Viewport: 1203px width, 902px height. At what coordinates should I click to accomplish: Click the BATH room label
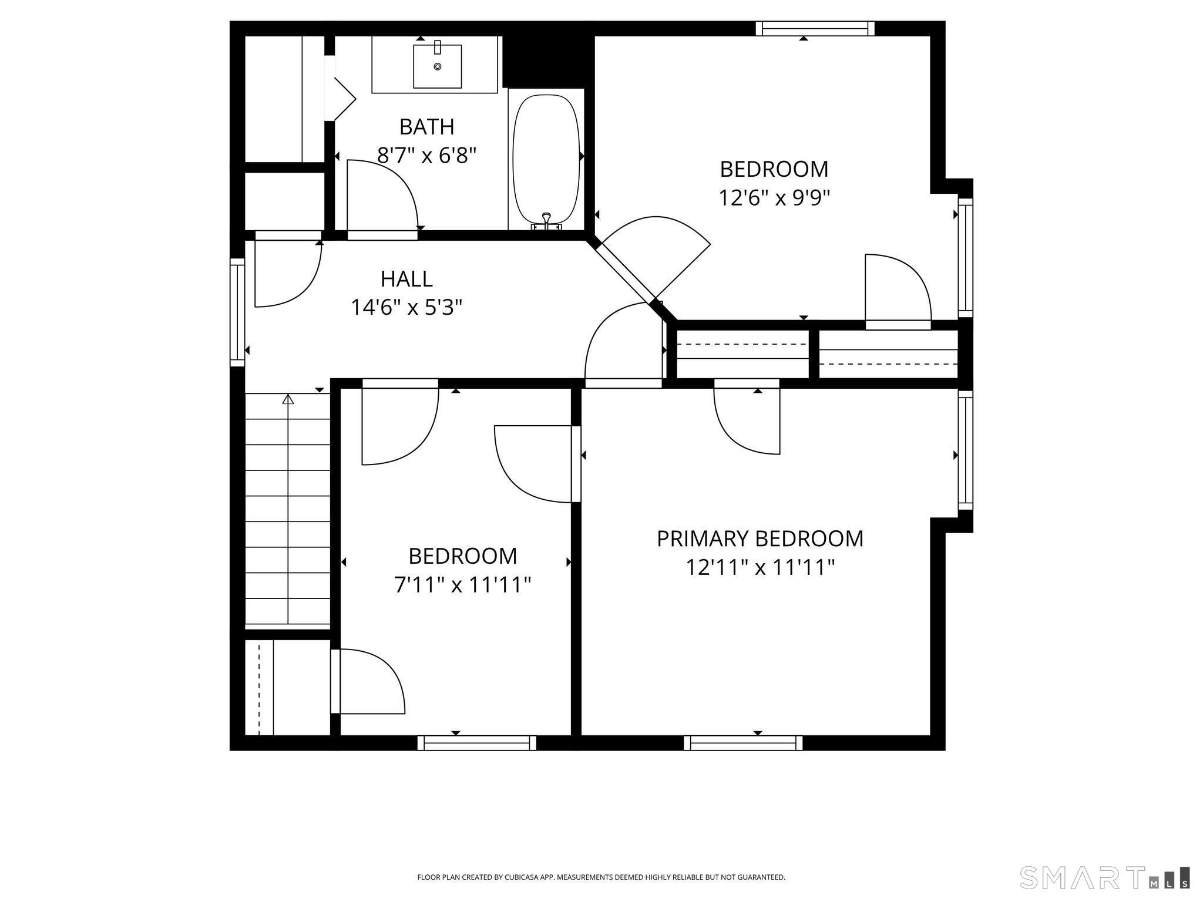(426, 127)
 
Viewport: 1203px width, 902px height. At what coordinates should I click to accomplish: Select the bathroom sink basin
(438, 66)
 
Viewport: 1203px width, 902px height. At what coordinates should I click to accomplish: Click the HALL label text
(406, 279)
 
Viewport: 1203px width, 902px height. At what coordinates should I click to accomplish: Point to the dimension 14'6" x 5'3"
(406, 307)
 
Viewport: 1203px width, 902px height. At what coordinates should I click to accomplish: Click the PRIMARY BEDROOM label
(760, 538)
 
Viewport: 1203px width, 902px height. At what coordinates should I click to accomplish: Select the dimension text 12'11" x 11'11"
(760, 568)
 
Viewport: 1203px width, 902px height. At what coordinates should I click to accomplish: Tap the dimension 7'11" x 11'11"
(463, 585)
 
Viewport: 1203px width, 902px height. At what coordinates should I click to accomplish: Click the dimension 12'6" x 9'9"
(774, 198)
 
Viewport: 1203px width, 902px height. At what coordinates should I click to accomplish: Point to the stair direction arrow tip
(288, 396)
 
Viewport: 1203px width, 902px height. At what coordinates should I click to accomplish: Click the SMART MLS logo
(1104, 877)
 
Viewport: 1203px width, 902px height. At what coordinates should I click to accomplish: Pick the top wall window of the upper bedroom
(815, 28)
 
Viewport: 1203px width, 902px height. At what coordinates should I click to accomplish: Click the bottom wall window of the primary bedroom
(743, 743)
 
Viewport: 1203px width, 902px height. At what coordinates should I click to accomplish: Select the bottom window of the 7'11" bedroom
(477, 743)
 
